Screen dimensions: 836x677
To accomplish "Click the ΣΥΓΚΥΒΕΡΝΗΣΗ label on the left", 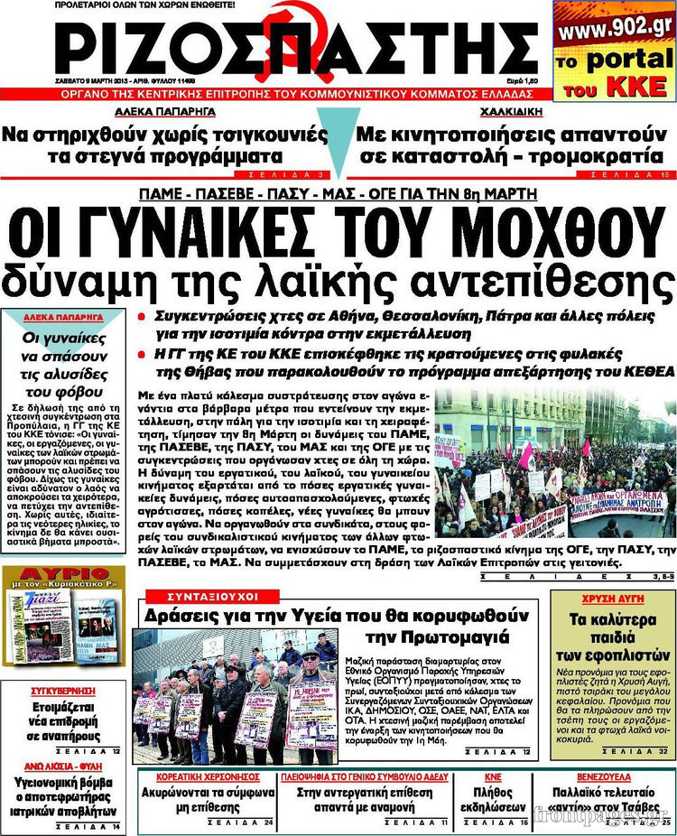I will [61, 686].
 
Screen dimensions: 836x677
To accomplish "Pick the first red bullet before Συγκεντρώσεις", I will [142, 318].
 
